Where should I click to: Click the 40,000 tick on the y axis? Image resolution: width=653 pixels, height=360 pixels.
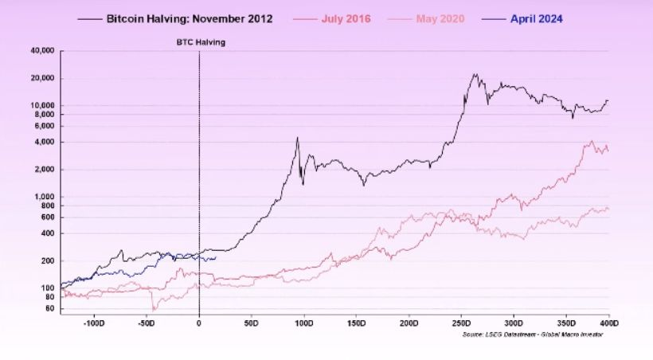40,51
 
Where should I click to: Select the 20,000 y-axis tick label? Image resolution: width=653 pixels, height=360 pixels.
40,78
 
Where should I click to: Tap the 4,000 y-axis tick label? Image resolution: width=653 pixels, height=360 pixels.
43,142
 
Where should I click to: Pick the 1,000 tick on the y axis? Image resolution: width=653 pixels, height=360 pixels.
43,197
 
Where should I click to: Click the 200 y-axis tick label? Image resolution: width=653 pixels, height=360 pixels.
46,260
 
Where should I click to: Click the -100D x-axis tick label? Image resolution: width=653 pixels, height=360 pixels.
94,323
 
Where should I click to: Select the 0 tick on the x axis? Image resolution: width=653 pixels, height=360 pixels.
199,323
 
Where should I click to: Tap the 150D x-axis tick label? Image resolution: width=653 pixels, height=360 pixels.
357,323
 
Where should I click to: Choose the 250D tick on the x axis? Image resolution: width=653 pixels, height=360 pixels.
462,323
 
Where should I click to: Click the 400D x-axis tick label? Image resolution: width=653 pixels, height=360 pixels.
610,323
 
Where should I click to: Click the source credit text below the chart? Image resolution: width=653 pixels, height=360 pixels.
532,335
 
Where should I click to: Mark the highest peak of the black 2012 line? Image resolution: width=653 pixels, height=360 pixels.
475,75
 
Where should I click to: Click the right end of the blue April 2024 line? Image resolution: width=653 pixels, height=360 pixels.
216,257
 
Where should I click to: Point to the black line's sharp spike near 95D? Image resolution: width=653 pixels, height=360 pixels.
297,138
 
